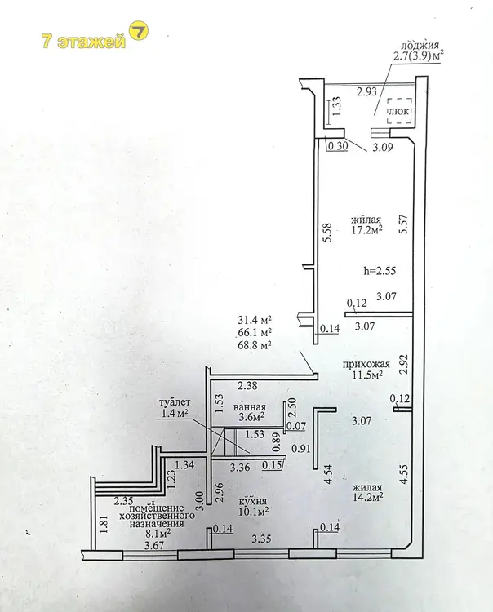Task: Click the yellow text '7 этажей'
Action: [83, 42]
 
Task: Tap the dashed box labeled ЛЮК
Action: [399, 111]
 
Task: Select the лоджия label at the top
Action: [420, 45]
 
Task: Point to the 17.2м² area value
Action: [366, 229]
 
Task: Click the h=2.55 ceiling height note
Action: [380, 270]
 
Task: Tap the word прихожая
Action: [366, 364]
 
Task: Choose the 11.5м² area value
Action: [366, 375]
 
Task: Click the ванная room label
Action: [250, 406]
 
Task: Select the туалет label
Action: [175, 401]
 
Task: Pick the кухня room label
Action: [254, 501]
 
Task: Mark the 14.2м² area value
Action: [367, 496]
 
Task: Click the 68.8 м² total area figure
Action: [255, 345]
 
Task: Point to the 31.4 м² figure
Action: [255, 320]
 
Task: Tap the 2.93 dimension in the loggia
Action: [367, 91]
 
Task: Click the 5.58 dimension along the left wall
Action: [327, 233]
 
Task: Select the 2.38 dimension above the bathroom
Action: [247, 386]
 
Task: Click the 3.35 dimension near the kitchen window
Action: [261, 539]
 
